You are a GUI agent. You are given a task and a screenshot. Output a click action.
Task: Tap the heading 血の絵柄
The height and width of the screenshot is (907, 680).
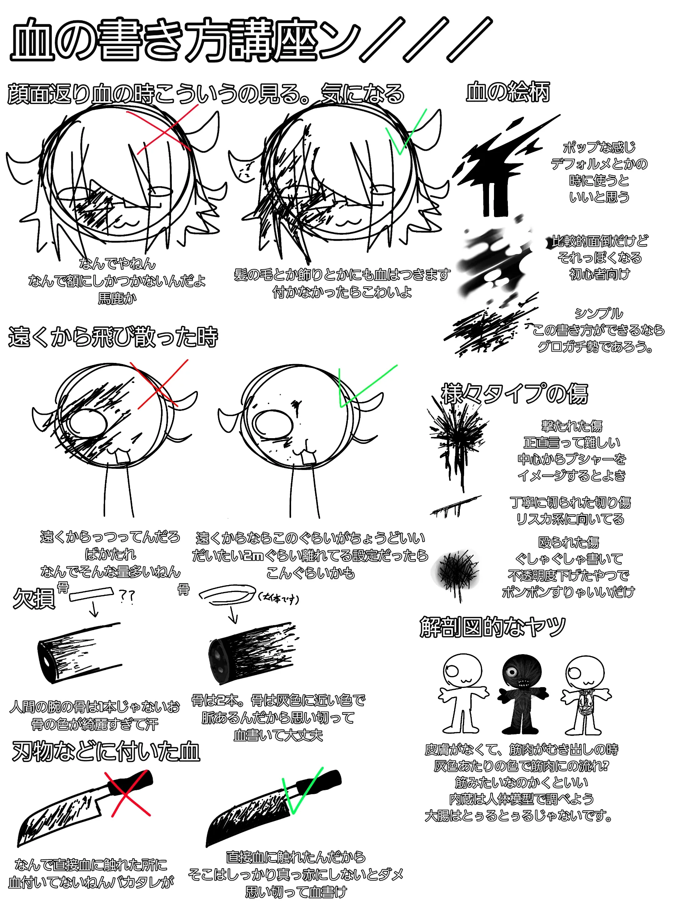(x=508, y=91)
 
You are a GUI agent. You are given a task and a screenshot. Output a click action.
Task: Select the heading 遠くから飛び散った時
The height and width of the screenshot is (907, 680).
(x=113, y=336)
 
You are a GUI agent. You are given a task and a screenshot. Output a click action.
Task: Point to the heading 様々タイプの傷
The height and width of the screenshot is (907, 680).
(x=514, y=394)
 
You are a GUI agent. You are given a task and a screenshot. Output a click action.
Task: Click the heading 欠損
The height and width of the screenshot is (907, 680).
(x=34, y=599)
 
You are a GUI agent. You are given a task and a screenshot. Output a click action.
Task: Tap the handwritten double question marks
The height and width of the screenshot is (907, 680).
(x=127, y=596)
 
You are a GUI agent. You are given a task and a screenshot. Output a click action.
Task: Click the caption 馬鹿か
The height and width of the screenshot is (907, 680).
(x=117, y=298)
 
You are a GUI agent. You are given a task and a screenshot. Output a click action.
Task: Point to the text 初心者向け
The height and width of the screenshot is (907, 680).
(x=599, y=274)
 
